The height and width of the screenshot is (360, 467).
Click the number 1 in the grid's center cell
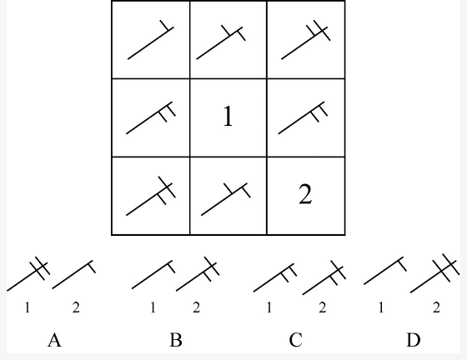click(228, 117)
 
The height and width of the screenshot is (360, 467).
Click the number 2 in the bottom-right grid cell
click(305, 194)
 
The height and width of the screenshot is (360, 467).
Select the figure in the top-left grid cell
click(151, 40)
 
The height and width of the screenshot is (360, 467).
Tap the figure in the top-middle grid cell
click(221, 42)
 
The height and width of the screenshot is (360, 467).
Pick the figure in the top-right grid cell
click(306, 41)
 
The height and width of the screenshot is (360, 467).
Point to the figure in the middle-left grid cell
click(151, 118)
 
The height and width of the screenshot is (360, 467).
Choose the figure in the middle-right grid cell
click(304, 117)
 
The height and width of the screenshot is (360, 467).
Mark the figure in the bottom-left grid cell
click(151, 196)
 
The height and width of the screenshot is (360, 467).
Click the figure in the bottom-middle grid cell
click(226, 199)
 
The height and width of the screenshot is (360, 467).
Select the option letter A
click(54, 340)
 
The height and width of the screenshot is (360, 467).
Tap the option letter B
click(176, 340)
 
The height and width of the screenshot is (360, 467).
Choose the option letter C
click(296, 340)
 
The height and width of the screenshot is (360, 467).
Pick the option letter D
click(414, 340)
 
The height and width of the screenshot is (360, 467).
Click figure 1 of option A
click(28, 273)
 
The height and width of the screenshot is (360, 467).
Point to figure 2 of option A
click(74, 275)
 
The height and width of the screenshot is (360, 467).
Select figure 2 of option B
click(198, 273)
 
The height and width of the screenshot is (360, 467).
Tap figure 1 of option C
click(275, 277)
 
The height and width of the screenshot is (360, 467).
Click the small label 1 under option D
click(381, 307)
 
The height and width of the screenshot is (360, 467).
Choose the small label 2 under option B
click(196, 307)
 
